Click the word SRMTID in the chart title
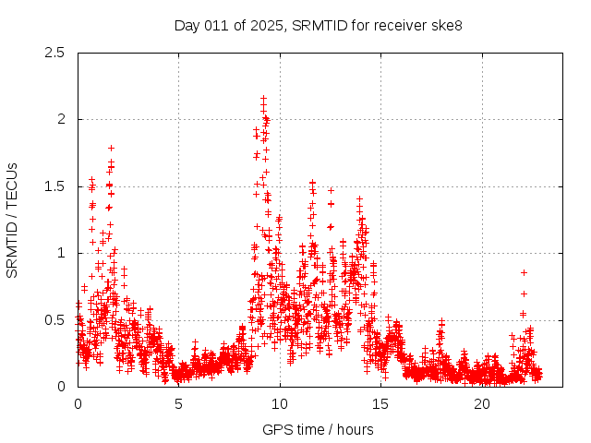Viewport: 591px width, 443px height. click(x=316, y=25)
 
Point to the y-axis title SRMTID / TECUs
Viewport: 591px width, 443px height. click(x=12, y=220)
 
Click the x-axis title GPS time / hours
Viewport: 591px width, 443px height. click(x=318, y=429)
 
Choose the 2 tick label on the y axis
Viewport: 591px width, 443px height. click(x=61, y=119)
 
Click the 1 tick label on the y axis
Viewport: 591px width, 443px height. click(x=61, y=253)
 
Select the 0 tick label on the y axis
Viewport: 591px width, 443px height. click(x=61, y=387)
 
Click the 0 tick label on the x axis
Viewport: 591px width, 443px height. click(x=78, y=404)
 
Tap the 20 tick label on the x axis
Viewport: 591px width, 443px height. click(x=482, y=404)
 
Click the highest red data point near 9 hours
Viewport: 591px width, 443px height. click(x=263, y=98)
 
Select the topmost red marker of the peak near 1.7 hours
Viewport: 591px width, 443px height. click(x=111, y=148)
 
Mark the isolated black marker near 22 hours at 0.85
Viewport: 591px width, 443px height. click(x=524, y=272)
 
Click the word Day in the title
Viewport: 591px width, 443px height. click(x=186, y=25)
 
